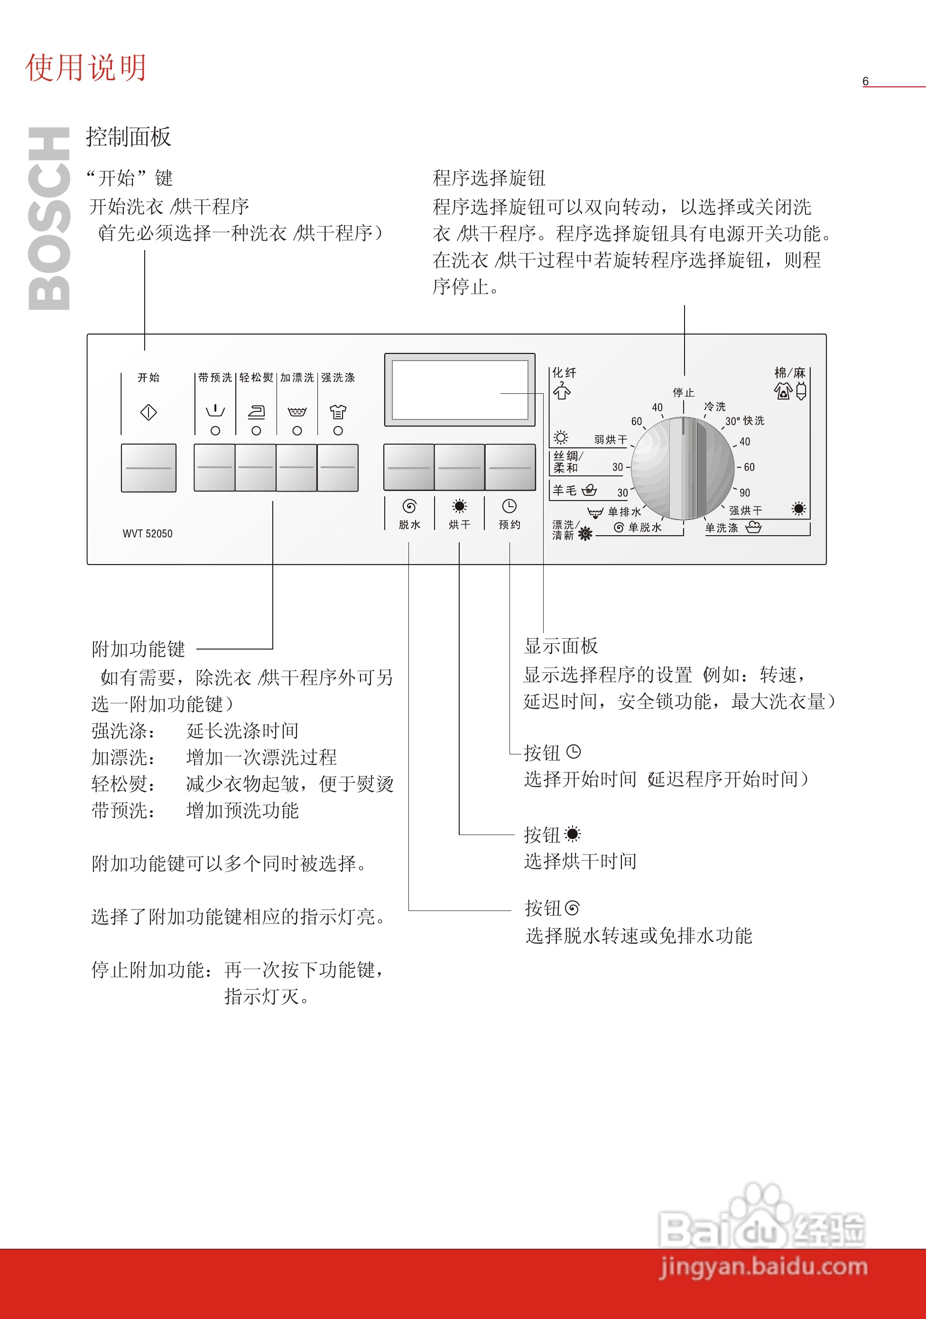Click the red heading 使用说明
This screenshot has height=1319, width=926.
86,68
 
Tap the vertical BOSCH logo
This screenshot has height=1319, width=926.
49,218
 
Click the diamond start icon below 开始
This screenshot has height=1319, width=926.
148,412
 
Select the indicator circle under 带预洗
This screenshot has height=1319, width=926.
215,430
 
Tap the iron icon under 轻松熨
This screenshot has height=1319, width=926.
256,411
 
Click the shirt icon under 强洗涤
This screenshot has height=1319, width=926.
338,411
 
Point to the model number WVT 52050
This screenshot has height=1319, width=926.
147,534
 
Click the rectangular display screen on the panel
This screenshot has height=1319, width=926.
460,390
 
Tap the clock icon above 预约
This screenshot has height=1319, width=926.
509,506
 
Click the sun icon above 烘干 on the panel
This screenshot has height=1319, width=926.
459,506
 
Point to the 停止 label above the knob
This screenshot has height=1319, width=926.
684,393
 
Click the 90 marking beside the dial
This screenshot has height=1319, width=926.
744,493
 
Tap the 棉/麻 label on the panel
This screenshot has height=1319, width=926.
790,373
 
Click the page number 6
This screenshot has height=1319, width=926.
865,82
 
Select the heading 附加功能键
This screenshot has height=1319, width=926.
139,649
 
